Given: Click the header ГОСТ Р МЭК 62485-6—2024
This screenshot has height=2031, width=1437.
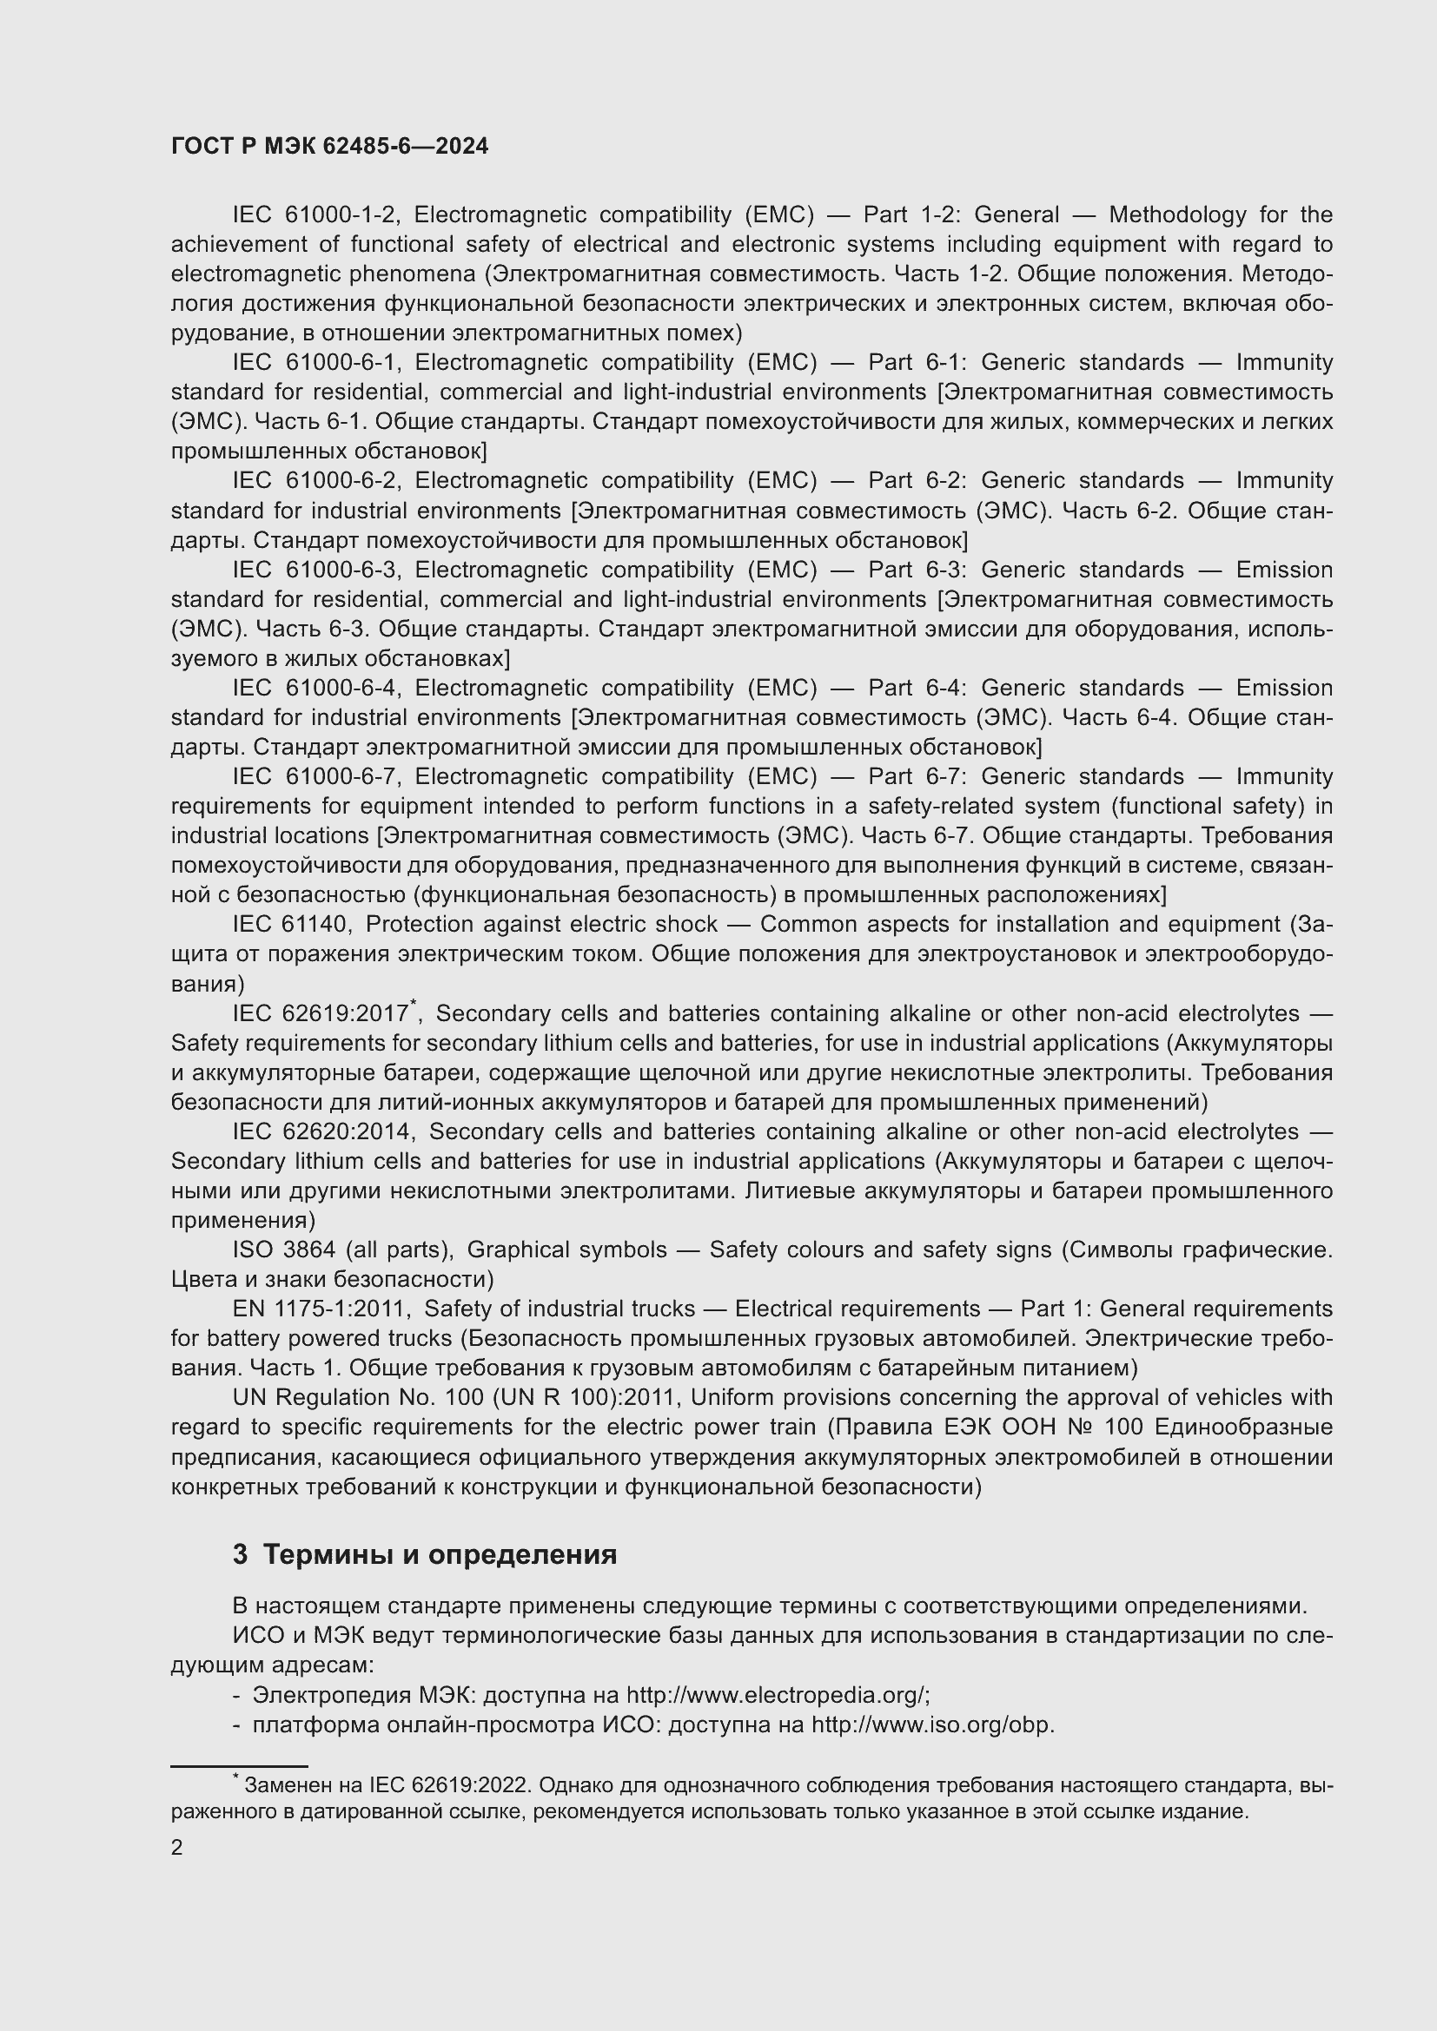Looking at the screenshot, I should pos(329,147).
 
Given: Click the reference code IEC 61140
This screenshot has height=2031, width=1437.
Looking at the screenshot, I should pos(292,925).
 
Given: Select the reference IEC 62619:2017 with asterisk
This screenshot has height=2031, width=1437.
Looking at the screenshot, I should pos(323,1013).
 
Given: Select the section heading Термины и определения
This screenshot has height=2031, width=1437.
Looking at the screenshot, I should pos(440,1555).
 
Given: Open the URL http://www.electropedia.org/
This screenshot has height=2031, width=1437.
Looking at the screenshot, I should pos(776,1695).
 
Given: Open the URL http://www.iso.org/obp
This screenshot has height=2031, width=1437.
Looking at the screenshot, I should pos(931,1725).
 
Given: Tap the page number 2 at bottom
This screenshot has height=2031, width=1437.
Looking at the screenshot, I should pos(177,1848).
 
